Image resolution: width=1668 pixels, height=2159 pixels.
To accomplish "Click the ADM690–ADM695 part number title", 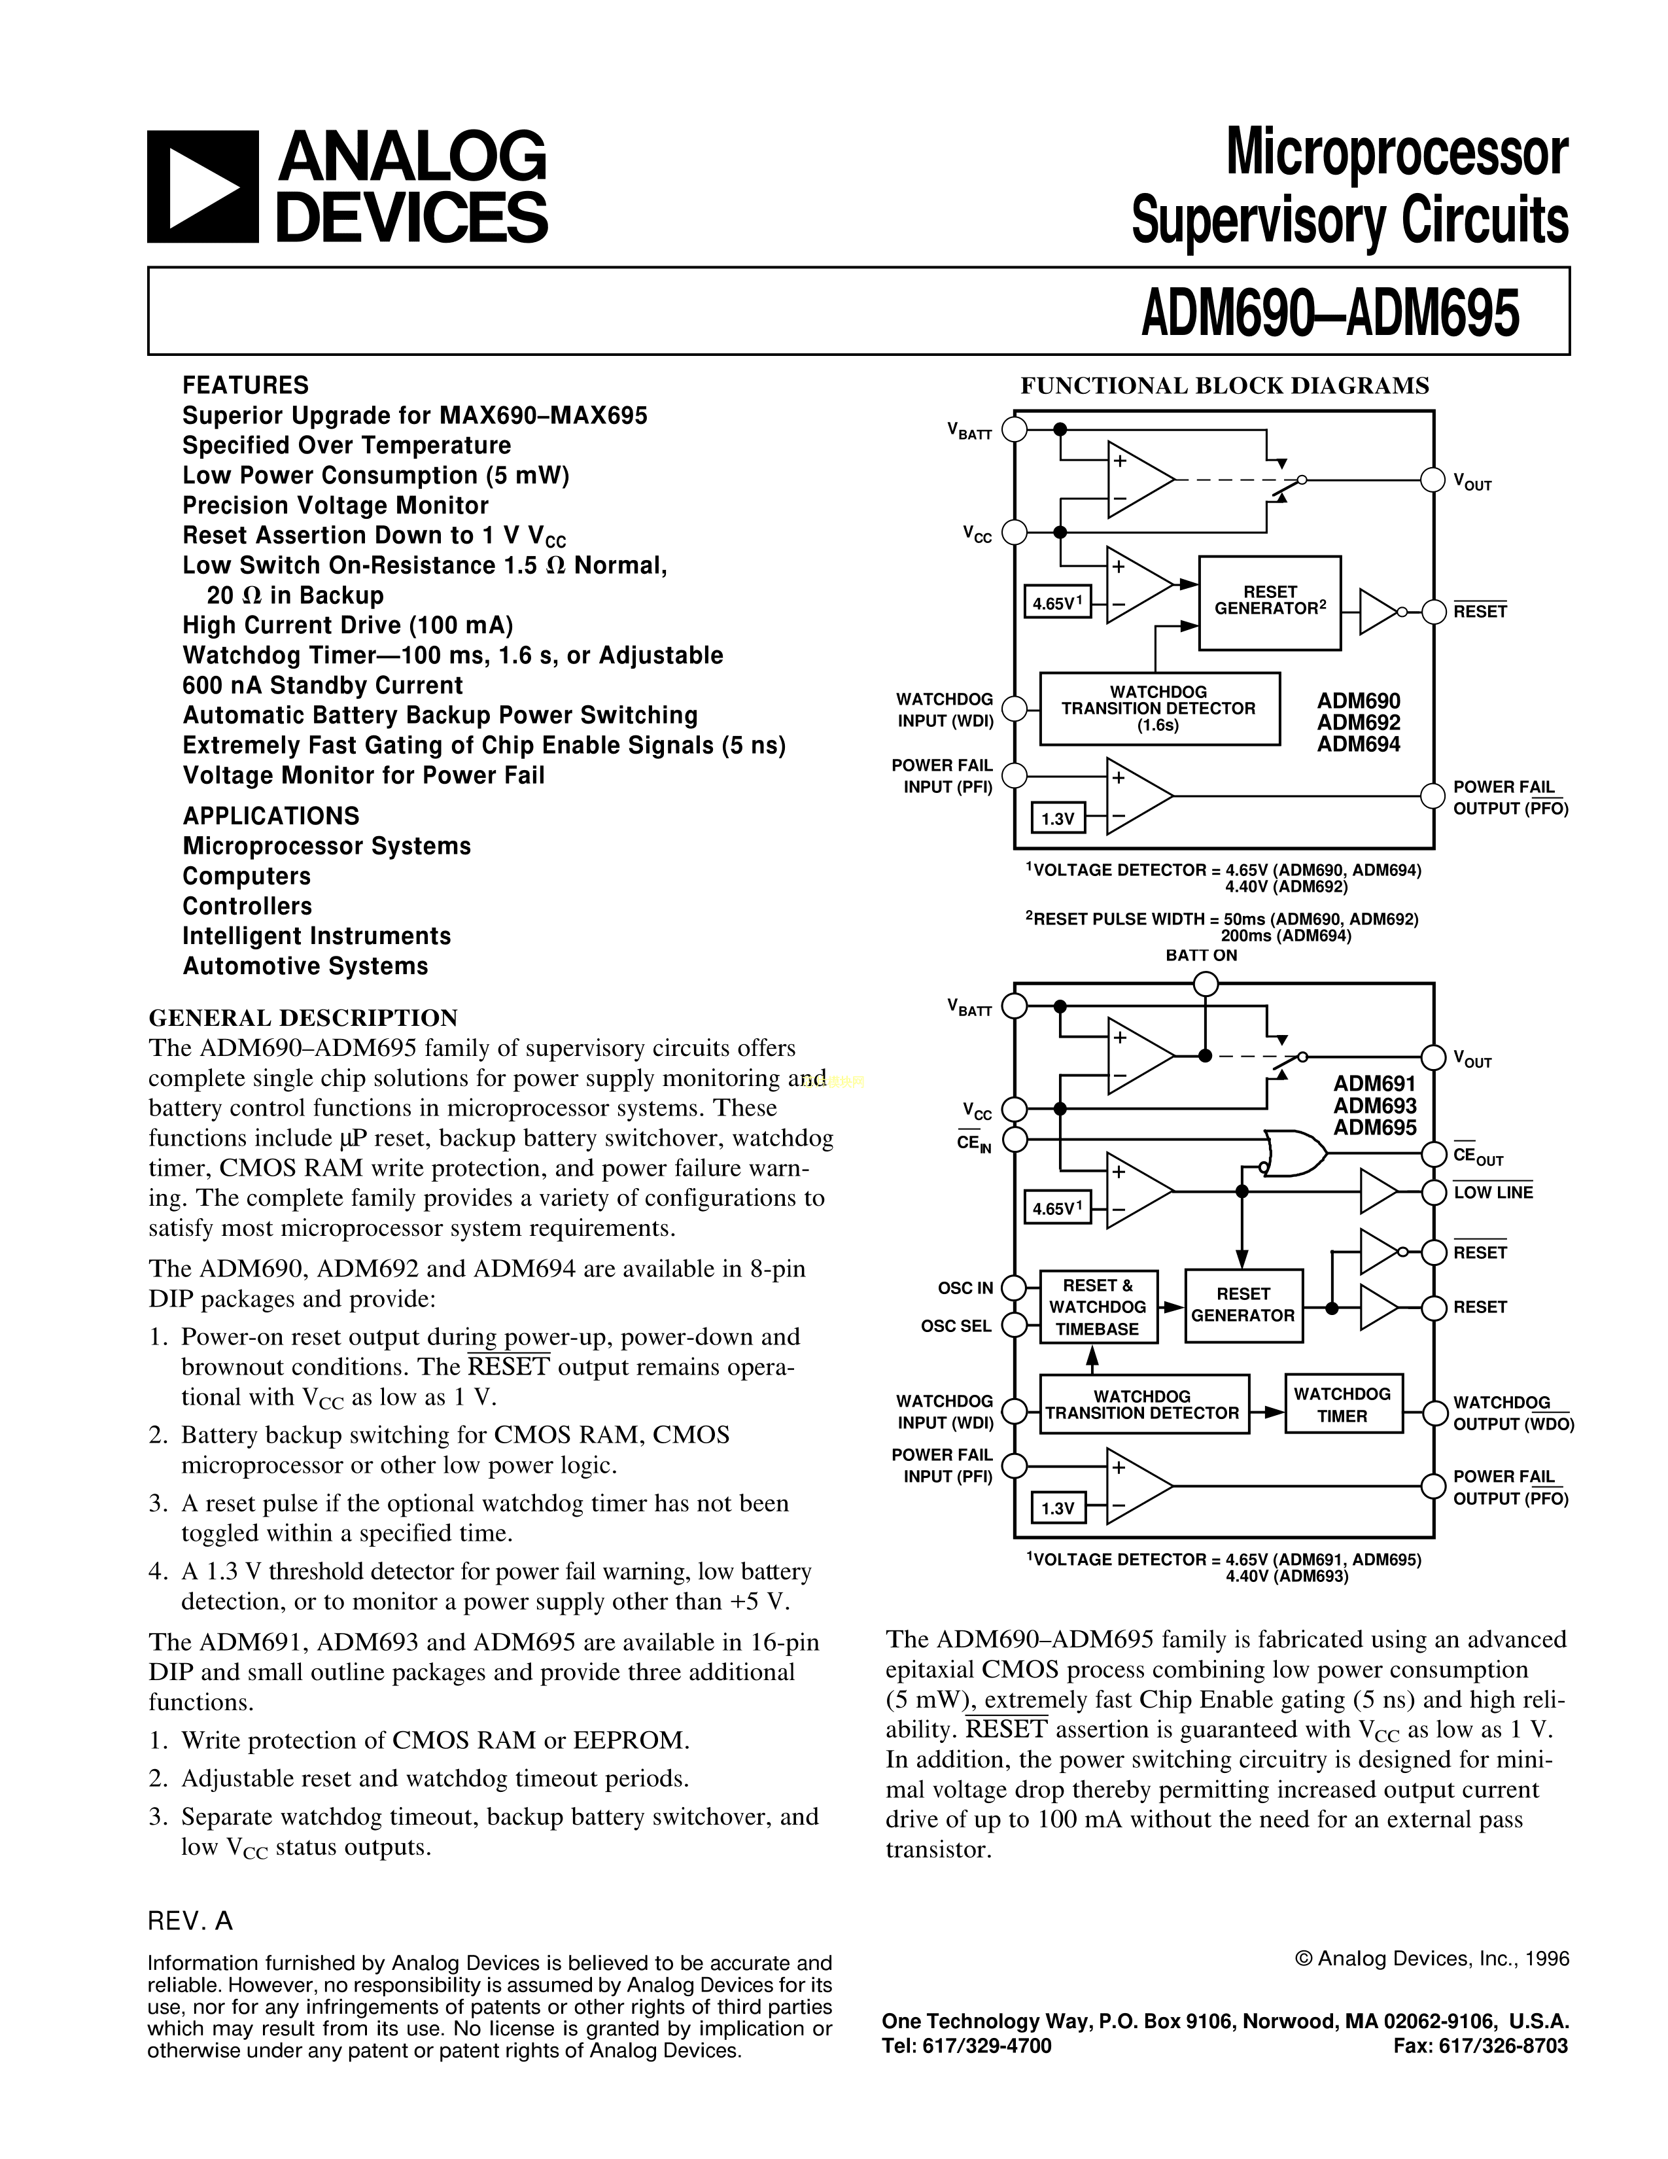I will (x=1329, y=313).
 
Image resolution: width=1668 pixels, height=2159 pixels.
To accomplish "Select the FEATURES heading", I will (x=245, y=385).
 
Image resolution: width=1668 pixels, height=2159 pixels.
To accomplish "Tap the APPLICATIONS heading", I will (x=271, y=816).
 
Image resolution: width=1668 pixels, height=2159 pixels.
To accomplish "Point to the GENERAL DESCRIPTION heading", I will (x=302, y=1018).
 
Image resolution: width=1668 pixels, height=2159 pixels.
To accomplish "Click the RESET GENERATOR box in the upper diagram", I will (x=1270, y=602).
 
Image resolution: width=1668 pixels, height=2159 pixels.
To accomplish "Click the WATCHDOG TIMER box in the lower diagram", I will (x=1342, y=1405).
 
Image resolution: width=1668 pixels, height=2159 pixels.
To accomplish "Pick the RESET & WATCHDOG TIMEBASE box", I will (x=1097, y=1307).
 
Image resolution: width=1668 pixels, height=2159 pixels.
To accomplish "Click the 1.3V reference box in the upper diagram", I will (x=1057, y=818).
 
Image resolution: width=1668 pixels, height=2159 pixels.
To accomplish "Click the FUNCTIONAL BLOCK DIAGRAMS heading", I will (x=1225, y=385).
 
